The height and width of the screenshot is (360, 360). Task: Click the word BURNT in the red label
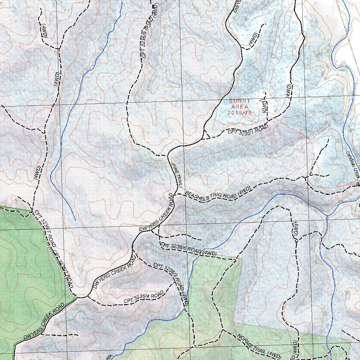pyautogui.click(x=240, y=101)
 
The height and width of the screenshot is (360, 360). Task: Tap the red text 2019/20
pyautogui.click(x=240, y=113)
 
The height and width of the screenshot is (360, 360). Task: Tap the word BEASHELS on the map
pyautogui.click(x=197, y=197)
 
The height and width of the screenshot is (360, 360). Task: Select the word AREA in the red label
pyautogui.click(x=240, y=107)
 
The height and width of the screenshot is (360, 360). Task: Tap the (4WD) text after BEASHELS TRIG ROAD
pyautogui.click(x=244, y=191)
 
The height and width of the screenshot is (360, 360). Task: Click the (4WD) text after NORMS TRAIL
pyautogui.click(x=274, y=355)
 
